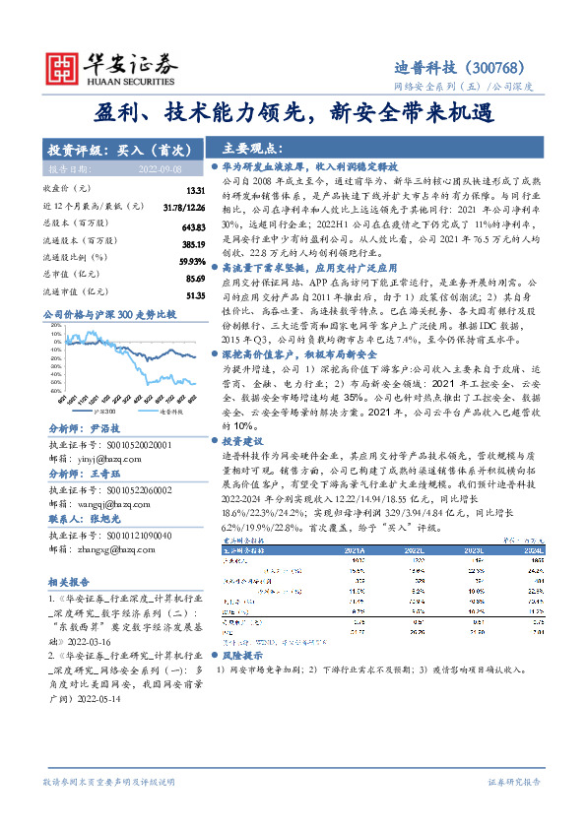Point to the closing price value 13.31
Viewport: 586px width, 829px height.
[x=194, y=189]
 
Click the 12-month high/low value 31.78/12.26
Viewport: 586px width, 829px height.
[x=184, y=206]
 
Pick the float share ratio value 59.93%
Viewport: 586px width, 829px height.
[x=191, y=261]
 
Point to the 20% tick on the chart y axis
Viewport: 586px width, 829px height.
[x=53, y=334]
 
